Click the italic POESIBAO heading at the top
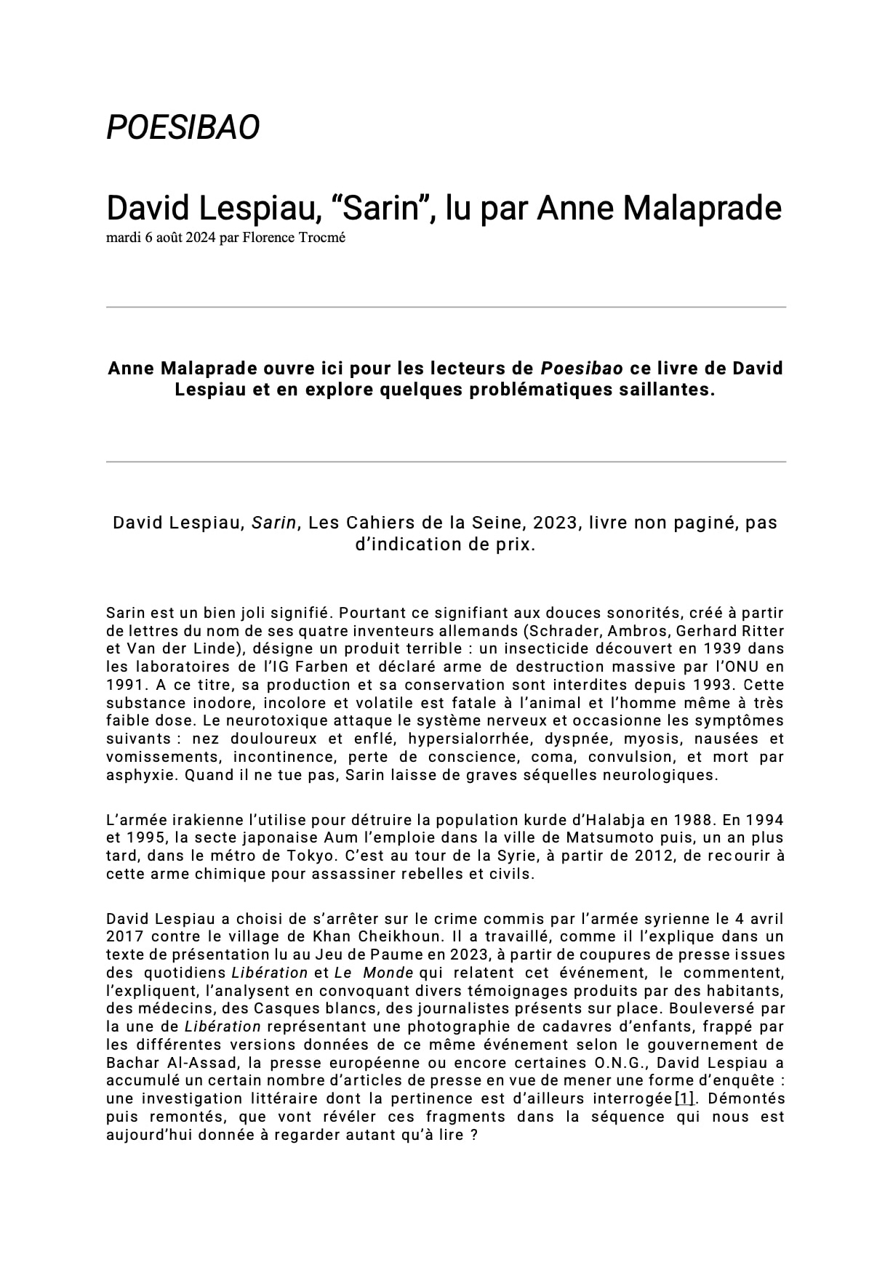[183, 127]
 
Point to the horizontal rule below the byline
[446, 308]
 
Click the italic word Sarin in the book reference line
[274, 523]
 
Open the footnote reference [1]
[684, 1098]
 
